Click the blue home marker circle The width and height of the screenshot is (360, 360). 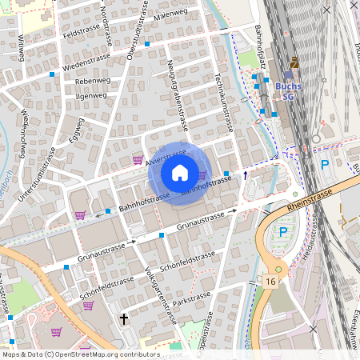pos(180,171)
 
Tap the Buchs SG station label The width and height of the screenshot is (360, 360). pos(289,90)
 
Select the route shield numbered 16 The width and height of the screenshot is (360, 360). pos(271,282)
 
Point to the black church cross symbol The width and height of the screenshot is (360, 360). pos(124,318)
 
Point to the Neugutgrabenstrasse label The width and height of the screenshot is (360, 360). pos(177,94)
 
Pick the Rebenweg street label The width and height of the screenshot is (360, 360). pos(91,81)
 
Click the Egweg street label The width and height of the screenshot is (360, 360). pos(75,128)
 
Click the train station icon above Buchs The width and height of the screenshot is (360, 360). pos(294,62)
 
